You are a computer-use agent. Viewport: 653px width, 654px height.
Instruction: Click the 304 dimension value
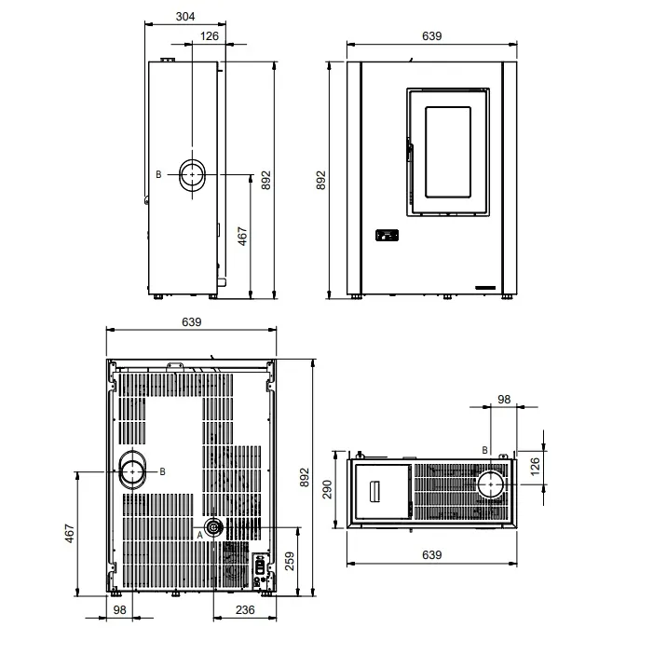point(185,16)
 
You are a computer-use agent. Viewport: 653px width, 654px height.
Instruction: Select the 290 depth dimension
point(327,489)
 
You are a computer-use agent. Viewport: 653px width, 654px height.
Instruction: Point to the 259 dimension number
point(290,561)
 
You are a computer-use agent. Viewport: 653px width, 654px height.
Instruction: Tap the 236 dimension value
point(245,610)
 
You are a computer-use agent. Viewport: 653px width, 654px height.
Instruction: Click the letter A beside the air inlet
point(199,535)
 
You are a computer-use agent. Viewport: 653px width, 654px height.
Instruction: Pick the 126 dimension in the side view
point(210,36)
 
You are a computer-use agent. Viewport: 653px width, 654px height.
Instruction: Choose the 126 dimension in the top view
point(535,467)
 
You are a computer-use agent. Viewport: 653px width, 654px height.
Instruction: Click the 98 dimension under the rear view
point(119,610)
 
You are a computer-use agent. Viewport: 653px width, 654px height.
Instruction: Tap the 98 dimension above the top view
point(504,400)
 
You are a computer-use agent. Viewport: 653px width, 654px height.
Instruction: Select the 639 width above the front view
point(431,36)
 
